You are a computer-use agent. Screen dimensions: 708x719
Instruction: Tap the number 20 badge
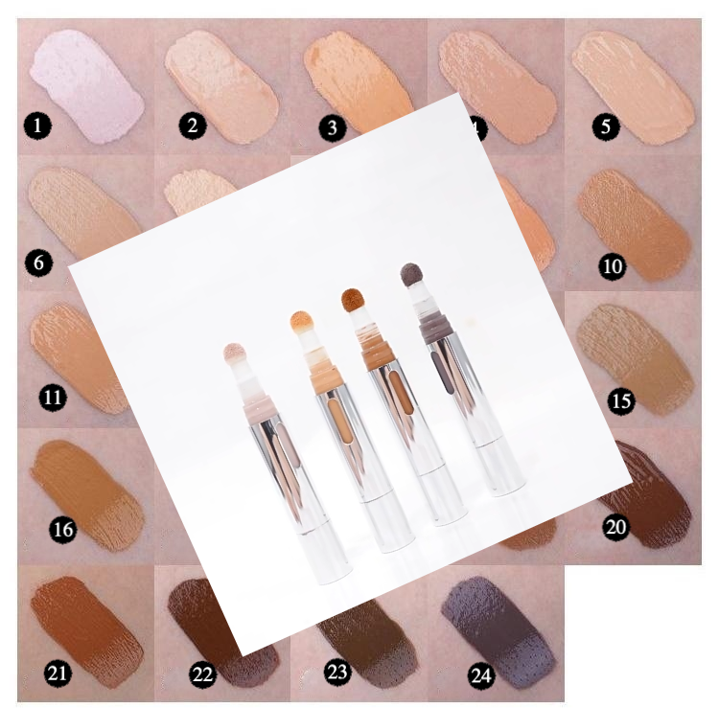coord(615,526)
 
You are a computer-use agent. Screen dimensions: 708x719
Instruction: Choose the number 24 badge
coord(480,675)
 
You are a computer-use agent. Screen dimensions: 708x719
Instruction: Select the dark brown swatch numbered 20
coord(652,489)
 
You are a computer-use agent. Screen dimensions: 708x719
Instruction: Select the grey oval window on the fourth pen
coord(441,369)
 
